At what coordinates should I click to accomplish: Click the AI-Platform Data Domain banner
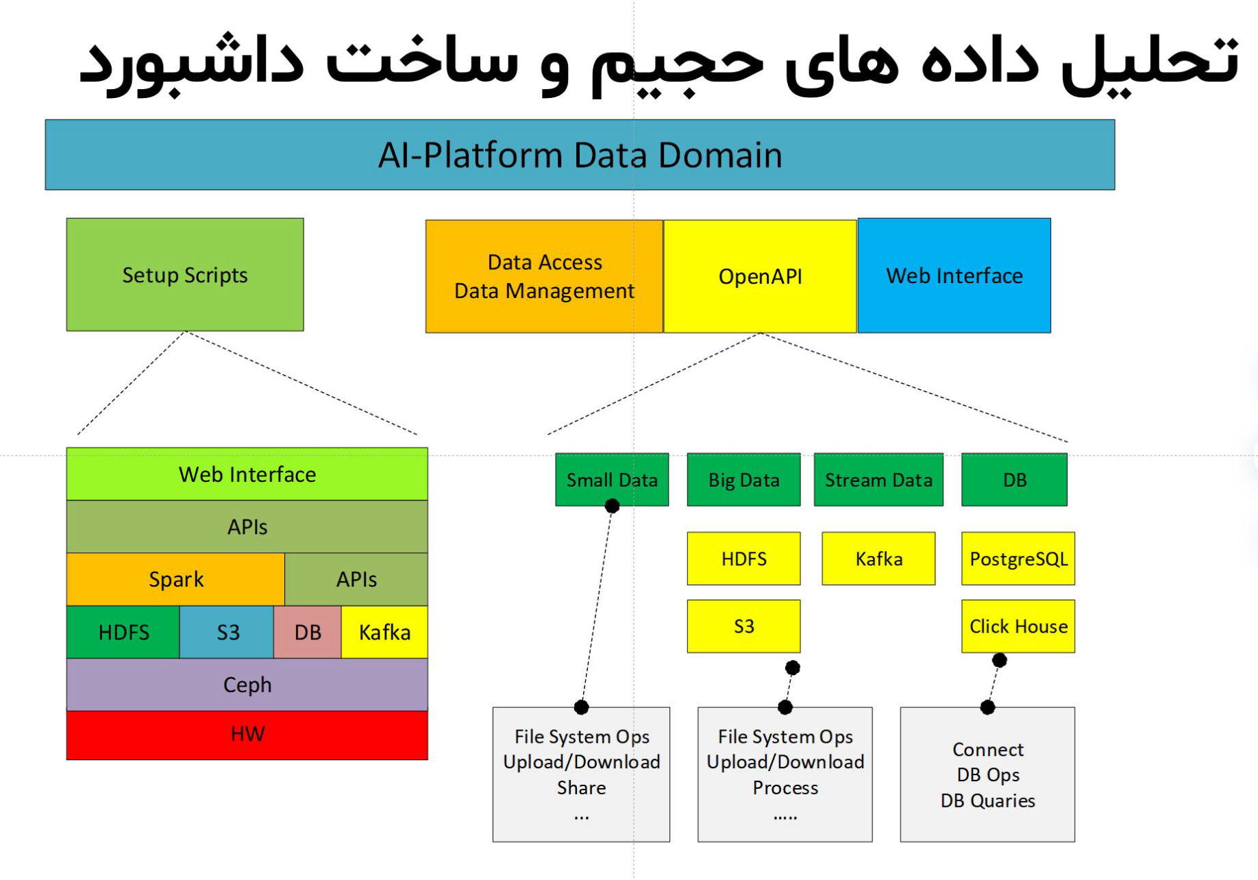pos(580,155)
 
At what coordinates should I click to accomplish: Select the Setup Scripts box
pos(185,275)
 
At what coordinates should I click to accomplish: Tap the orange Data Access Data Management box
pos(544,276)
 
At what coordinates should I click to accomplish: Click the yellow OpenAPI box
pos(760,276)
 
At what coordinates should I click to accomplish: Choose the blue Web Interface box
pos(954,276)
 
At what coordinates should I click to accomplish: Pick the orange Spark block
pos(175,580)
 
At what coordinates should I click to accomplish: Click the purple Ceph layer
pos(247,685)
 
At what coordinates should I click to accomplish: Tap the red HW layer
pos(247,735)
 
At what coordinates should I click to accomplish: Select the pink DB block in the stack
pos(308,632)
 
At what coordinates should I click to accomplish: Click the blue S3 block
pos(227,632)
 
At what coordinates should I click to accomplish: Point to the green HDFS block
pos(123,632)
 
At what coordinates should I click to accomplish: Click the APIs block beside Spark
pos(356,580)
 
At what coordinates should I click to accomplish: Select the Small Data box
pos(612,480)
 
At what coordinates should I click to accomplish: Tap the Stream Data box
pos(878,480)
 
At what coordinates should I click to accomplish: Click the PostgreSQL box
pos(1018,559)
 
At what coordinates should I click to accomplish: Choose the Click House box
pos(1018,626)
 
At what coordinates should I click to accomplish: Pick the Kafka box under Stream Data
pos(878,559)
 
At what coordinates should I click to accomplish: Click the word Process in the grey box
pos(785,788)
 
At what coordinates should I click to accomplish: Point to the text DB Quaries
pos(987,800)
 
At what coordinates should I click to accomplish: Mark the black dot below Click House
pos(1000,660)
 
